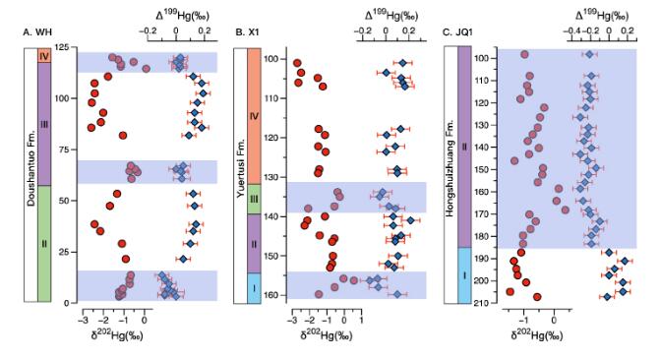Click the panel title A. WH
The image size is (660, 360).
pyautogui.click(x=37, y=32)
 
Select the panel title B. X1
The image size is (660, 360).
pyautogui.click(x=247, y=32)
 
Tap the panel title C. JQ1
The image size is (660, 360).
pyautogui.click(x=458, y=32)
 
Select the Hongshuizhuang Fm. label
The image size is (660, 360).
pyautogui.click(x=450, y=168)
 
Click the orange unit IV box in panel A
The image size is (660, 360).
pyautogui.click(x=44, y=56)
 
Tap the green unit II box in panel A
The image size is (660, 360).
pyautogui.click(x=44, y=244)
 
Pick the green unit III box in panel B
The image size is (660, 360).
pyautogui.click(x=254, y=199)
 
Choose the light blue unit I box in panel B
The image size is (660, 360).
pyautogui.click(x=254, y=288)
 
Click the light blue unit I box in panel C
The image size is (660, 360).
pyautogui.click(x=464, y=275)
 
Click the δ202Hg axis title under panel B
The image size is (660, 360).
pyautogui.click(x=327, y=335)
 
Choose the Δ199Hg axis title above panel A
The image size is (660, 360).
pyautogui.click(x=182, y=16)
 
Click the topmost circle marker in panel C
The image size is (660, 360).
pyautogui.click(x=524, y=54)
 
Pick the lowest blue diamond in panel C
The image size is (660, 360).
pyautogui.click(x=607, y=297)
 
